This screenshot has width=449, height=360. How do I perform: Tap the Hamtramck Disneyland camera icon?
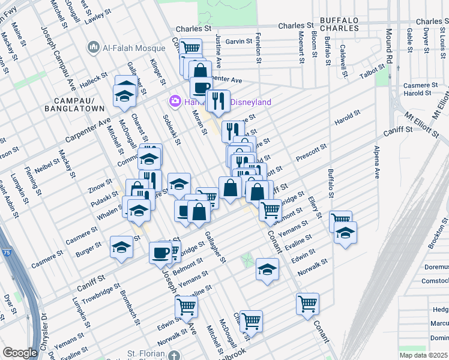click(x=175, y=101)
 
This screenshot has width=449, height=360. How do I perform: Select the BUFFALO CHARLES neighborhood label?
click(x=339, y=23)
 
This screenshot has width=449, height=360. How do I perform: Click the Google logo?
click(x=20, y=353)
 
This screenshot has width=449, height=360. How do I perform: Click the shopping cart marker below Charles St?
click(x=191, y=48)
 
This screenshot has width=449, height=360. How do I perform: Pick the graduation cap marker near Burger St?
click(x=121, y=247)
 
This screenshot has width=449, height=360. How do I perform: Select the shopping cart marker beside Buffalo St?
click(x=340, y=220)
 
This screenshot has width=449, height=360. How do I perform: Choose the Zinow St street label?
click(x=101, y=181)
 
